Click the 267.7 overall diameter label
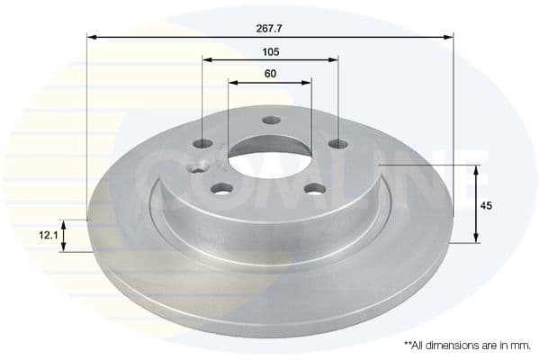click(x=269, y=28)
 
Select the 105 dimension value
click(x=269, y=51)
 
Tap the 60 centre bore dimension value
click(x=269, y=74)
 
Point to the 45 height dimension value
click(x=487, y=206)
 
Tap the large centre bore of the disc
click(x=269, y=157)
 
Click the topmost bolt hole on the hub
click(x=271, y=121)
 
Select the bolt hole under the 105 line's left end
click(x=203, y=143)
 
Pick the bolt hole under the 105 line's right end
click(x=337, y=144)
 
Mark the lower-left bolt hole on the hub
click(x=221, y=188)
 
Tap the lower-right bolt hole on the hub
click(x=314, y=188)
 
